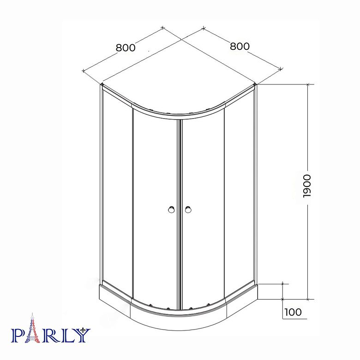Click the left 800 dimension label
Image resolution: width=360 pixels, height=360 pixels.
point(126,48)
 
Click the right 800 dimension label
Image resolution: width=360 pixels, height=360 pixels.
point(240,46)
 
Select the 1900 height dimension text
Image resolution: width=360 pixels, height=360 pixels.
point(307,186)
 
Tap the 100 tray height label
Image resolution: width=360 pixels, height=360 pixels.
point(293,312)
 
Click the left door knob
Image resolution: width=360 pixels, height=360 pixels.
point(171,210)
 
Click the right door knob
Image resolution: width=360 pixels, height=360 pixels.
point(188,210)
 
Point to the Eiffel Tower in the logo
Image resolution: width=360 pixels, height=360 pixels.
point(33,328)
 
